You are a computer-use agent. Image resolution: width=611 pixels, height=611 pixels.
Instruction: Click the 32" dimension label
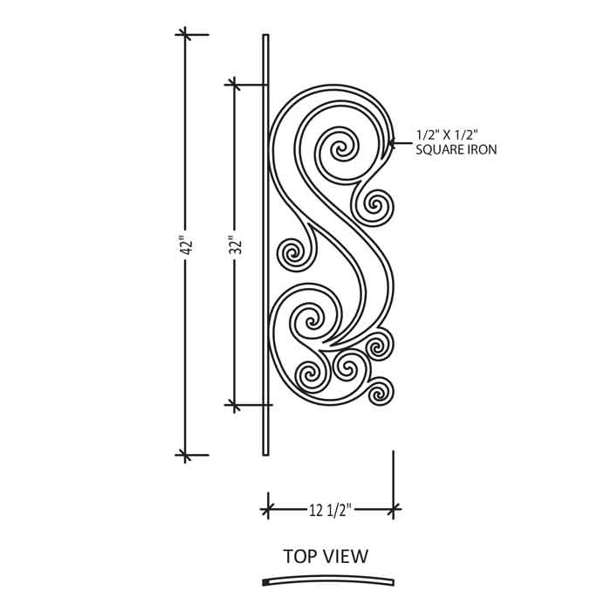[236, 244]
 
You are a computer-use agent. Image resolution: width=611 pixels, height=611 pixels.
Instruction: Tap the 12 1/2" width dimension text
[331, 510]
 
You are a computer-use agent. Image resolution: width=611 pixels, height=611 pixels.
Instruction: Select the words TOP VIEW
[326, 556]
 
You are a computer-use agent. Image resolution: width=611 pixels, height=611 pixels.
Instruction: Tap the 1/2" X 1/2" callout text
[447, 134]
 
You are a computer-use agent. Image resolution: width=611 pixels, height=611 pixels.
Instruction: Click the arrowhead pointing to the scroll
[392, 143]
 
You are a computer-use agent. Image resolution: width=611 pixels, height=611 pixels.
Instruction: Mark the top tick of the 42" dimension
[185, 35]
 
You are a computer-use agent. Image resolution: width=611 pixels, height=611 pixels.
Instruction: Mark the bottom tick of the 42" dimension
[185, 455]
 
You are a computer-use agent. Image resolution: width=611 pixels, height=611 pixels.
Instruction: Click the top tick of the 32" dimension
[234, 85]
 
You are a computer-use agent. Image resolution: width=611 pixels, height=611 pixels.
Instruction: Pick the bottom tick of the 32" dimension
[234, 405]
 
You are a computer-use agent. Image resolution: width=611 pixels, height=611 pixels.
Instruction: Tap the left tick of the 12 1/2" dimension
[268, 509]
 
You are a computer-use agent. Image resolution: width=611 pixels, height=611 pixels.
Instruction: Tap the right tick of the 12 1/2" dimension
[393, 509]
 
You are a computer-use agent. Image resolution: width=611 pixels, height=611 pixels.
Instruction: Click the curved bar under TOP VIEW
[328, 580]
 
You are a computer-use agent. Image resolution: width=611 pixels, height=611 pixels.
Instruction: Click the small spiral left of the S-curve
[292, 254]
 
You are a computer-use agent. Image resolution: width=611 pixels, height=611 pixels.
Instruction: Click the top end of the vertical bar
[265, 35]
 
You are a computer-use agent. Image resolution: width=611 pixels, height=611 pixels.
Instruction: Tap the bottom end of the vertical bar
[265, 455]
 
